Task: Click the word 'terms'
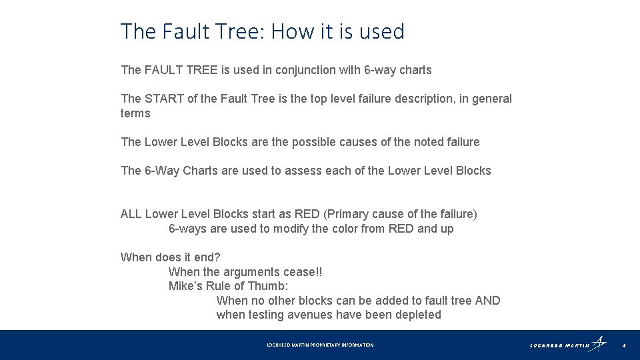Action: point(135,113)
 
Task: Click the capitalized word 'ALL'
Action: point(131,214)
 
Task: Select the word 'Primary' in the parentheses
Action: point(347,214)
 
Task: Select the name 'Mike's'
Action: point(186,286)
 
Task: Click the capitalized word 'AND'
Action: point(487,301)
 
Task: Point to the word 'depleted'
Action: point(418,315)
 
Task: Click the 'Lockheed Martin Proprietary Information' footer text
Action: point(320,345)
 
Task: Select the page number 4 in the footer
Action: point(623,345)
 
